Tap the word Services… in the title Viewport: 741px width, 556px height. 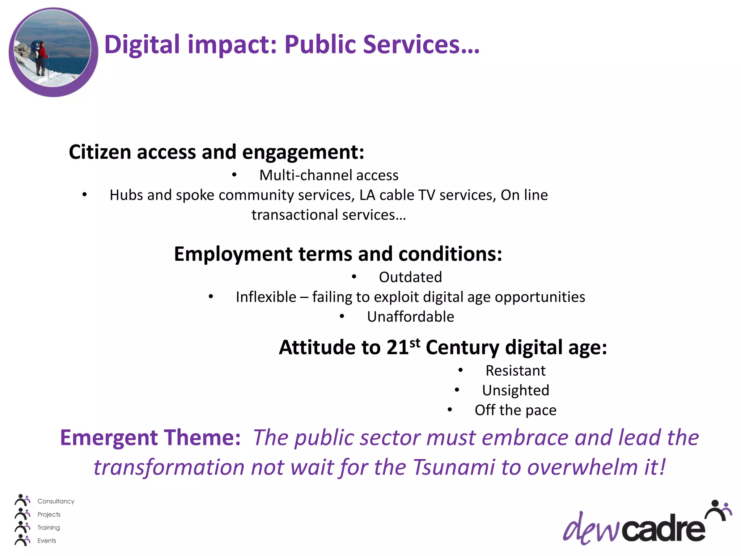[421, 45]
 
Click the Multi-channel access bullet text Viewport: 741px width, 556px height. [329, 176]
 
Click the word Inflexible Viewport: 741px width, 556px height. [266, 297]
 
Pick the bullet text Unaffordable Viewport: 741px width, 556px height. [410, 317]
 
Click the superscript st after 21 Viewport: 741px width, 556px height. [415, 342]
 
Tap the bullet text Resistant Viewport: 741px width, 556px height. [515, 371]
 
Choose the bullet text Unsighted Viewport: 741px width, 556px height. [516, 391]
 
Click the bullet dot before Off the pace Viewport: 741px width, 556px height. [450, 410]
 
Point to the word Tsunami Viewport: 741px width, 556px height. [453, 467]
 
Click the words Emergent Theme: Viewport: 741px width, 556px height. [150, 438]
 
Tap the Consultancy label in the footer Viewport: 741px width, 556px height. [56, 501]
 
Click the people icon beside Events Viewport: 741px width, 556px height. [22, 540]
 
